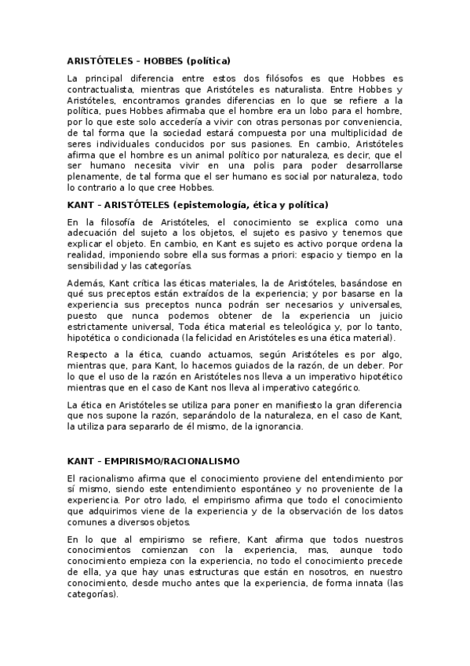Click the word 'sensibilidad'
click(97, 265)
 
